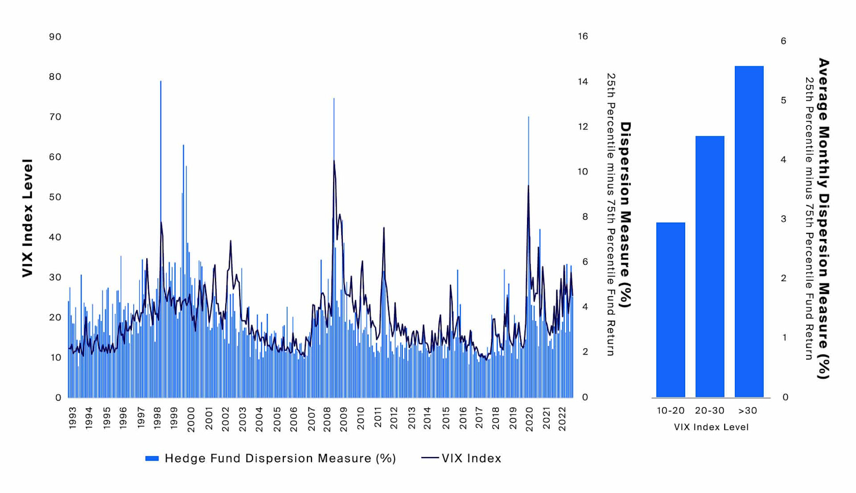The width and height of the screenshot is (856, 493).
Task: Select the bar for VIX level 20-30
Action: (709, 266)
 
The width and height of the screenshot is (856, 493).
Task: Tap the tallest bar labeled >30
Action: (749, 231)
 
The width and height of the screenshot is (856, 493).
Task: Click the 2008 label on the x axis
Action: (327, 419)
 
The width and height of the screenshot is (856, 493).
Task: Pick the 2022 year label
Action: (562, 419)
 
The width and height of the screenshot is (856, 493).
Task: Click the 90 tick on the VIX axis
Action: (55, 37)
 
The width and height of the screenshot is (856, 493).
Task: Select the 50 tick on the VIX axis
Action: (55, 197)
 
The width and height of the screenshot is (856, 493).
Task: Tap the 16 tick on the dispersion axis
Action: (582, 36)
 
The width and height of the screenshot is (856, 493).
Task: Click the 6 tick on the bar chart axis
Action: (783, 41)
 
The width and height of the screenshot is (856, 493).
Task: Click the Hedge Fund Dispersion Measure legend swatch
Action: (152, 459)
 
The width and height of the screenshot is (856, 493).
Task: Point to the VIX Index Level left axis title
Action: (27, 218)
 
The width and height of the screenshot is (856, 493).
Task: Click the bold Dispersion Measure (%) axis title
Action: (625, 214)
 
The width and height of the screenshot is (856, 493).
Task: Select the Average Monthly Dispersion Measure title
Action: (823, 218)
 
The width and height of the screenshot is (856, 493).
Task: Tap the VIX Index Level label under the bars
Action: (711, 427)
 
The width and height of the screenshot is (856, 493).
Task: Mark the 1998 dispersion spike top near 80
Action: (161, 82)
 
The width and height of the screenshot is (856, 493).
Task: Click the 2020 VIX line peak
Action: (528, 187)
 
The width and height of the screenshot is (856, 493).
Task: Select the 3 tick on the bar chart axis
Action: (783, 219)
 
